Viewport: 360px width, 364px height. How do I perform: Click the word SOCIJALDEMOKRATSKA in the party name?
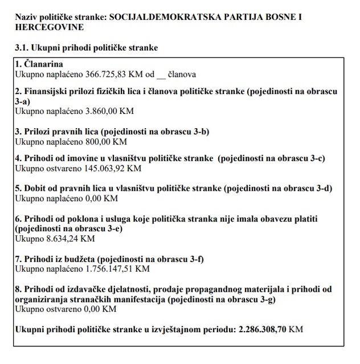162,17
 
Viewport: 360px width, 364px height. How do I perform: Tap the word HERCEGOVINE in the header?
50,27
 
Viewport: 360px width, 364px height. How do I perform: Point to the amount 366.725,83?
100,74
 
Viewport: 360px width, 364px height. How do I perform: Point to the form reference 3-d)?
321,189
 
